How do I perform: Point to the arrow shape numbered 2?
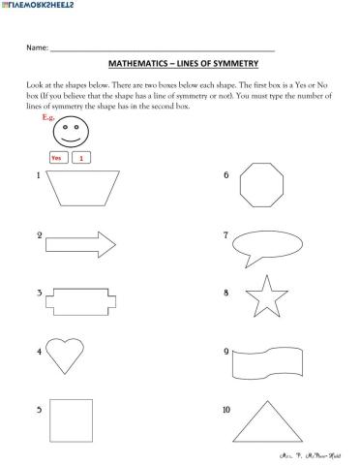(80, 242)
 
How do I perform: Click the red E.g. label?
(49, 116)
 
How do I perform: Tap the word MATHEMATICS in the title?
(139, 62)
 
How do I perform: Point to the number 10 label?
(225, 411)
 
